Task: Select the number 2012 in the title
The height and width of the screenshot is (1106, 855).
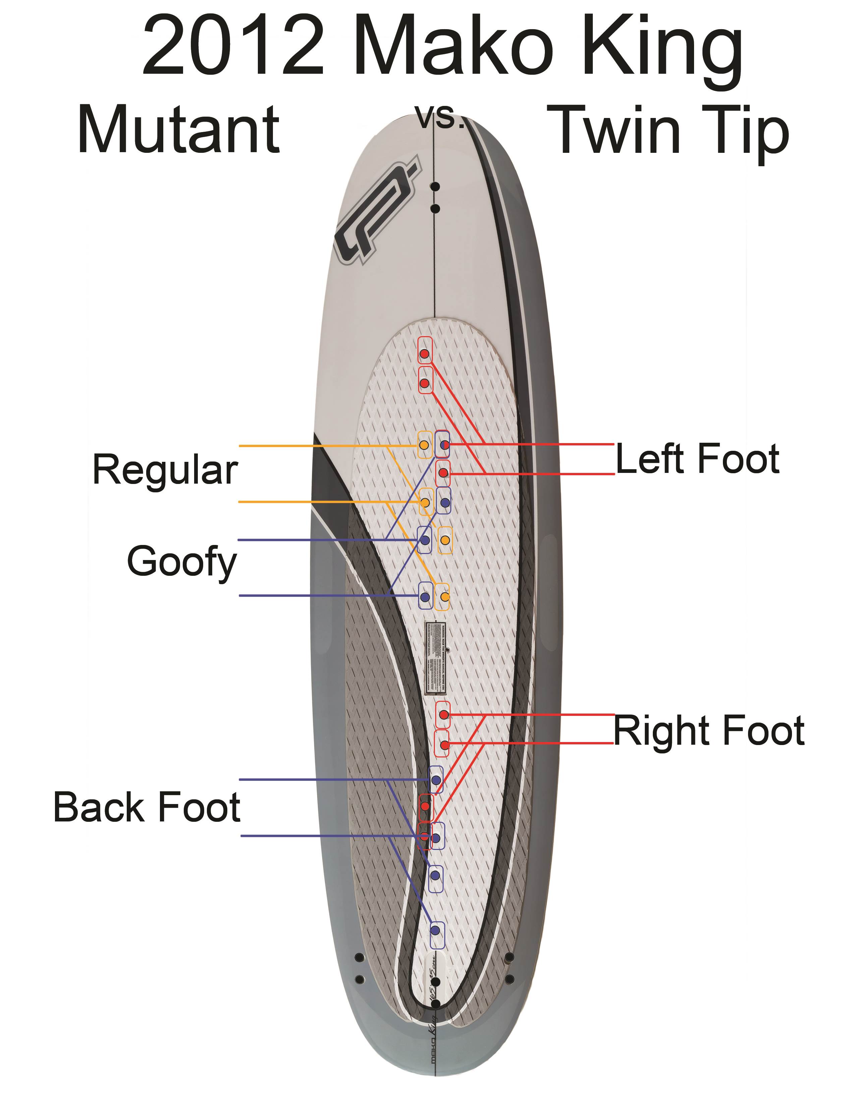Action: [x=233, y=47]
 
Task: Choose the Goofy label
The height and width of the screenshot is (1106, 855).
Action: [x=182, y=562]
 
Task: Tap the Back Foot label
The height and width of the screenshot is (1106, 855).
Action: [x=147, y=807]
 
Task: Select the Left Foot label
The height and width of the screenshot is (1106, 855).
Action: [x=697, y=459]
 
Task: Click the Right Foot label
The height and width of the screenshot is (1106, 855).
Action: [x=708, y=731]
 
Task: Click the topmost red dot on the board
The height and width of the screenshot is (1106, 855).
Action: [x=424, y=354]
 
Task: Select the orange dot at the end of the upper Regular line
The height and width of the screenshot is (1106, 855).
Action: [x=424, y=445]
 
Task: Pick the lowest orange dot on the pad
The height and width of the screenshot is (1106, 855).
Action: [x=444, y=597]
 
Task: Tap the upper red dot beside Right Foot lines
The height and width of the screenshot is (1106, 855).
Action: [x=444, y=715]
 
